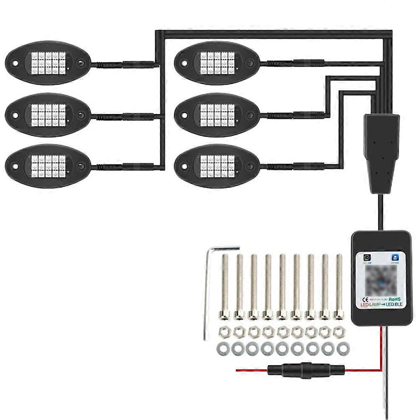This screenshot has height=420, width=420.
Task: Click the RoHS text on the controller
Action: pos(395,299)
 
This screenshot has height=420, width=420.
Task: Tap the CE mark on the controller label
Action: pos(365,300)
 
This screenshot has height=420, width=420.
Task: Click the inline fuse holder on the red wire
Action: pos(306,370)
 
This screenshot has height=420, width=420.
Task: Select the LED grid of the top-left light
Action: pos(49,63)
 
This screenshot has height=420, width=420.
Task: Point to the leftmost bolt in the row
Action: pos(225,285)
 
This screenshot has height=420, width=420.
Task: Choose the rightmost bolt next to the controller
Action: pos(339,285)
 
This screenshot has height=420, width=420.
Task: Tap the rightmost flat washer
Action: pos(343,348)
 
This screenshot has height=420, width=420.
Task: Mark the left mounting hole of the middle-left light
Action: pos(15,115)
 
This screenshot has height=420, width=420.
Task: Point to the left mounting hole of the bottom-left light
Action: pos(15,166)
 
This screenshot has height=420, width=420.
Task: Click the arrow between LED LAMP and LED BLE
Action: pos(382,305)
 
